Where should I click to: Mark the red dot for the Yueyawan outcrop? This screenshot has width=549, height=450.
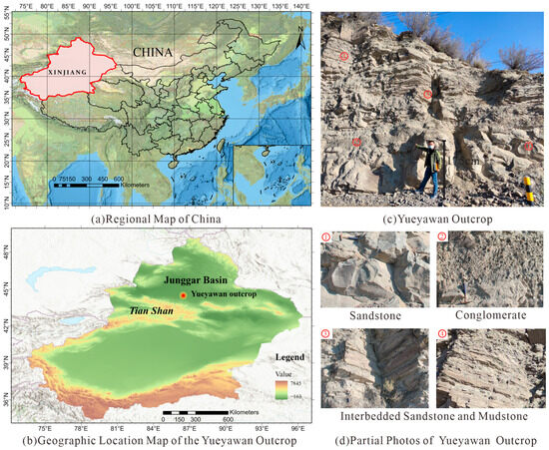click(183, 296)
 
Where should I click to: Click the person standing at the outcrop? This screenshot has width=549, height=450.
click(427, 165)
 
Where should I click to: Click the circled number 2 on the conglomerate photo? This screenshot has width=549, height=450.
click(442, 236)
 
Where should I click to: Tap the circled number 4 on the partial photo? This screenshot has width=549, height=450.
click(442, 332)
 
